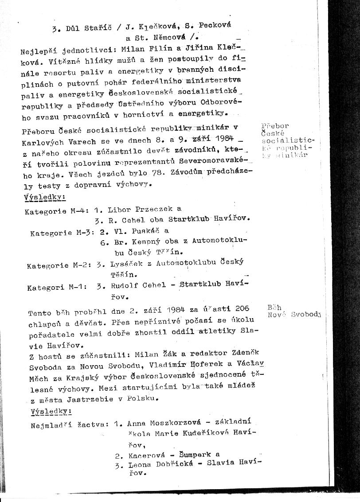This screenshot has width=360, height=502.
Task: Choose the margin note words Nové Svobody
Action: pos(294,315)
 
